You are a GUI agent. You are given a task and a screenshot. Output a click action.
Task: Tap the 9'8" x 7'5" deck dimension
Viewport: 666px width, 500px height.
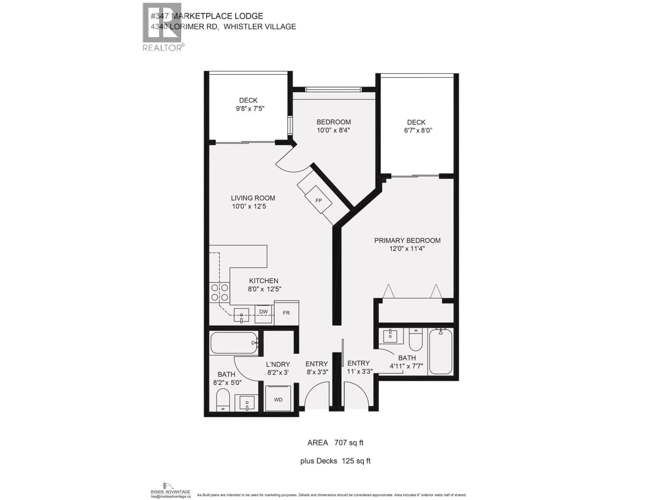point(250,109)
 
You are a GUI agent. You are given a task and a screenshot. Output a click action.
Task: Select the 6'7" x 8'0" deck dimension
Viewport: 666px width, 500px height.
point(418,131)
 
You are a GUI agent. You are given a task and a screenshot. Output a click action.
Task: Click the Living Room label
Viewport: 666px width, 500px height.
point(253,198)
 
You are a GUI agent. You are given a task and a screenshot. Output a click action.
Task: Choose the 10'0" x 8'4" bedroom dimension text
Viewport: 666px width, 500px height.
point(333,130)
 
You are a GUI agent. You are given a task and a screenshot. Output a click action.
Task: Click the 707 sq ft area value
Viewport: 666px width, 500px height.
point(349,443)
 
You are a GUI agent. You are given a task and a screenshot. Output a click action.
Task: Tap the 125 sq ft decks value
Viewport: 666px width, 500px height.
point(356,461)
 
